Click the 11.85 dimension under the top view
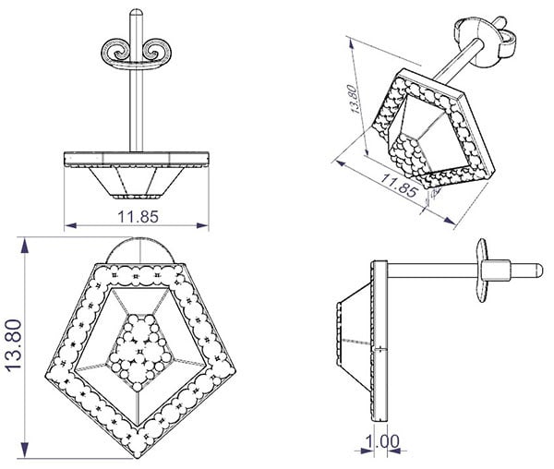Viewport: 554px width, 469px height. coord(138,217)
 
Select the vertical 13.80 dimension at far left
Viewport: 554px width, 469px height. coord(14,345)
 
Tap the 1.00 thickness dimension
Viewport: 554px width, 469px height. coord(382,441)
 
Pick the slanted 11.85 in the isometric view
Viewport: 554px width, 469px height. coord(399,185)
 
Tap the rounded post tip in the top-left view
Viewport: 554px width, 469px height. coord(136,13)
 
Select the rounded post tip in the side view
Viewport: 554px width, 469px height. coord(539,271)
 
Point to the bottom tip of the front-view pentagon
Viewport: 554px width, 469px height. coord(138,458)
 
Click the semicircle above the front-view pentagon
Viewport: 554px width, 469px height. coord(140,250)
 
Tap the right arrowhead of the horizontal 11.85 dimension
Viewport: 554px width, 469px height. coord(202,225)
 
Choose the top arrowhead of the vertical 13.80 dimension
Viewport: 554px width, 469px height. coord(24,246)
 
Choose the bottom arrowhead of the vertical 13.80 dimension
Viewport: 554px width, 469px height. coord(24,450)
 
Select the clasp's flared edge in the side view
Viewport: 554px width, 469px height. coord(482,271)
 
